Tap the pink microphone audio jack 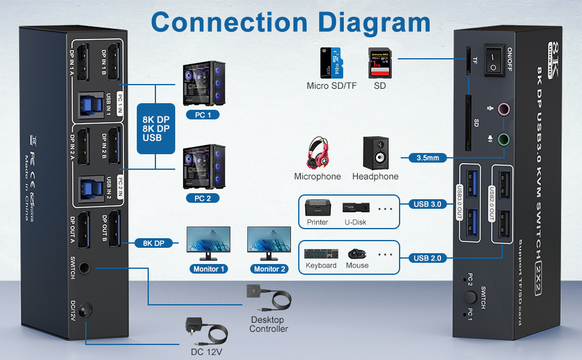click(505, 110)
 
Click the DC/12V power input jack click(88, 310)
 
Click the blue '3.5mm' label click(427, 158)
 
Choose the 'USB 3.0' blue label click(427, 204)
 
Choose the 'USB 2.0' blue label click(427, 258)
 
